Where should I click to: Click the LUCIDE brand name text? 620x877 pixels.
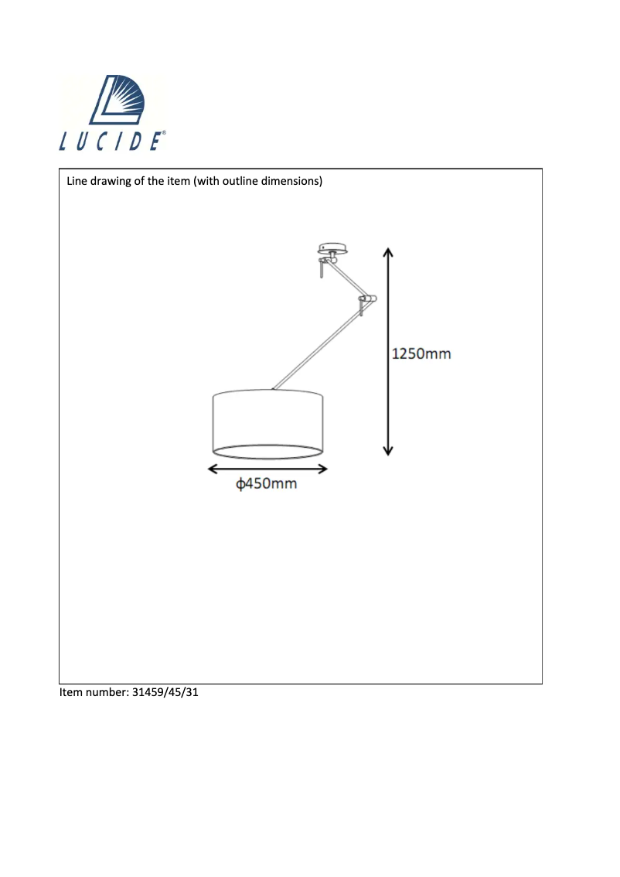[x=111, y=142]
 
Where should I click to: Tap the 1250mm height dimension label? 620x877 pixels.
[x=421, y=354]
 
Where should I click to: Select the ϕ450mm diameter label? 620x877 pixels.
[x=267, y=485]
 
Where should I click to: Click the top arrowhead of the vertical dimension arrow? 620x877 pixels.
[x=388, y=252]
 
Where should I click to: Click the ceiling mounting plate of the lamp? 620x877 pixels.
[x=333, y=249]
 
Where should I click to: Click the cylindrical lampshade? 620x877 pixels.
[x=267, y=425]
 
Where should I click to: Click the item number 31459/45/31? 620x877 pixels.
[x=166, y=692]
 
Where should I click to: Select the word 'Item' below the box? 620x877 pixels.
[x=71, y=692]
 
